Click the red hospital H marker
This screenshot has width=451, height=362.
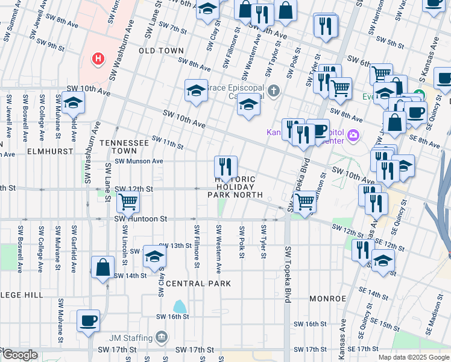coord(98,59)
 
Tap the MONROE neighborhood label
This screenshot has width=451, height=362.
coord(327,299)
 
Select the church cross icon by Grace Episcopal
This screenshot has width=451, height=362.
coord(274,91)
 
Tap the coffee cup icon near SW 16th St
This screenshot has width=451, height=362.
coord(89,320)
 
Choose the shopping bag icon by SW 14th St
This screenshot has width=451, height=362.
coord(103,267)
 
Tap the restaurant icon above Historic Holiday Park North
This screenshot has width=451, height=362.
coord(226,166)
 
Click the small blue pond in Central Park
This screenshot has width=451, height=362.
coord(180,306)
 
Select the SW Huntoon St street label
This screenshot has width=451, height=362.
coord(140,219)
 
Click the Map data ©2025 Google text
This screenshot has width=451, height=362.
coord(413,357)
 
